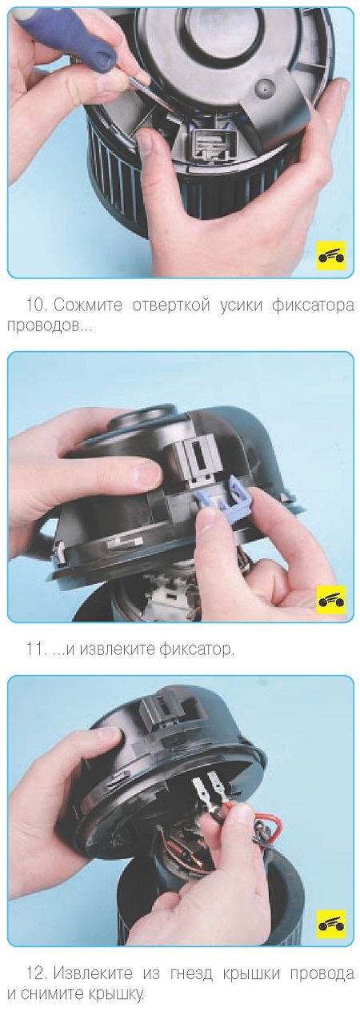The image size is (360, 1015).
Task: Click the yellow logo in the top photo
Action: click(331, 256)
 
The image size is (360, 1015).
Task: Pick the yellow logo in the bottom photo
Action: click(331, 911)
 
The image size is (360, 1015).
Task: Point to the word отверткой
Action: click(171, 306)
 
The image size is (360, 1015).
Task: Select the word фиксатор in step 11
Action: click(196, 649)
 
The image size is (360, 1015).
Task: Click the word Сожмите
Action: click(88, 306)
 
